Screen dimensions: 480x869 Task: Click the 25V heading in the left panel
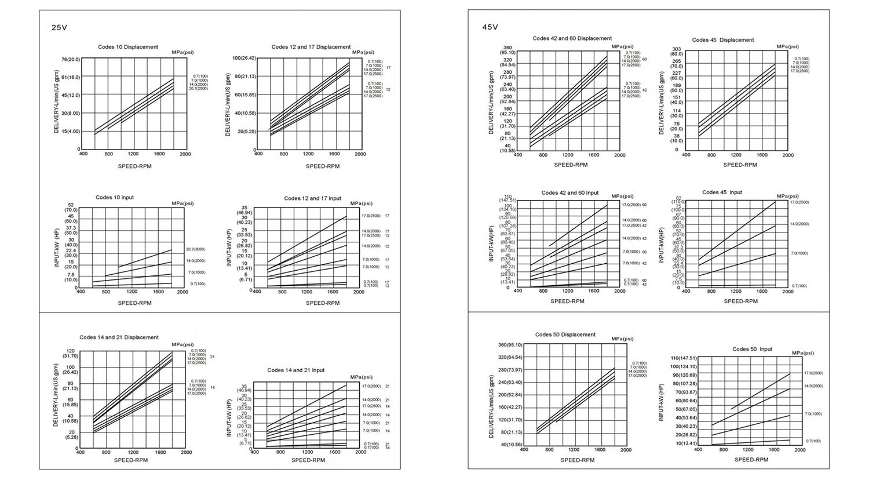[60, 28]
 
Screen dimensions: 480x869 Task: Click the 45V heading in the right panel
[490, 27]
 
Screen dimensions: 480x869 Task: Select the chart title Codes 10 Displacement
[128, 47]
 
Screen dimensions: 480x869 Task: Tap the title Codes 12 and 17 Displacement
[311, 47]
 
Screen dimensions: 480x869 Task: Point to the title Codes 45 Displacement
[723, 40]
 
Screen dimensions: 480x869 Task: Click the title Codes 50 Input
[752, 349]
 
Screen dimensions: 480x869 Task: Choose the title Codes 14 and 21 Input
[296, 370]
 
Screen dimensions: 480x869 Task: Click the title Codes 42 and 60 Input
[570, 192]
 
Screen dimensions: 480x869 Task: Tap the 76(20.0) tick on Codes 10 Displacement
[71, 59]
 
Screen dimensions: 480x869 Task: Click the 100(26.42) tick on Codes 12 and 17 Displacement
[244, 58]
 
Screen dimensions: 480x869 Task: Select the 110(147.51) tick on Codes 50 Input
[684, 358]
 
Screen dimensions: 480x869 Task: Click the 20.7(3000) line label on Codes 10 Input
[195, 249]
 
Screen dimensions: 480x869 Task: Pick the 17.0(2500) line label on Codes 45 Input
[799, 202]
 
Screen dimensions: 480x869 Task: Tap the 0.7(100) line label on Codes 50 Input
[812, 441]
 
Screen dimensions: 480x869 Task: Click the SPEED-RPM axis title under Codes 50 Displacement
[577, 460]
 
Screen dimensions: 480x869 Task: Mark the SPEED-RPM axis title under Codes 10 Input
[135, 303]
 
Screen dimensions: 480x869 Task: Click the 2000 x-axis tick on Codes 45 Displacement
[788, 155]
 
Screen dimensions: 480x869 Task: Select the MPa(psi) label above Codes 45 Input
[787, 196]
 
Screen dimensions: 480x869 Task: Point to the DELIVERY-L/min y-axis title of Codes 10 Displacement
[57, 101]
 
